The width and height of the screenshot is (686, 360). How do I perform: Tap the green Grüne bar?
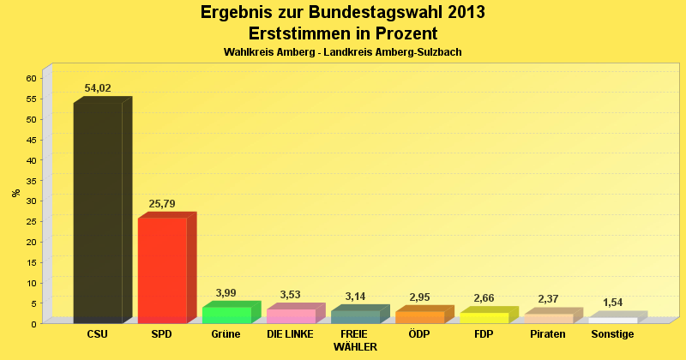226,315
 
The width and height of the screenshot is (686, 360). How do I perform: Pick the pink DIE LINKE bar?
291,315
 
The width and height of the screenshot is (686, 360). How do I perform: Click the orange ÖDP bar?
419,316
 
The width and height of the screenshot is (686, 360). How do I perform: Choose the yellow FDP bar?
484,317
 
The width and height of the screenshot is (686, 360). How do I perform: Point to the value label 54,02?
98,88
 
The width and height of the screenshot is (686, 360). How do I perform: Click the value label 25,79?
162,204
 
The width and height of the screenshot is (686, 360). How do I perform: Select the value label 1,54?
612,303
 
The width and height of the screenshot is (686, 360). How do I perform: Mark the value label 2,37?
548,299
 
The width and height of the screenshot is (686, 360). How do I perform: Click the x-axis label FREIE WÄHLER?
354,340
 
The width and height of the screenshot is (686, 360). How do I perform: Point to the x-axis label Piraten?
548,334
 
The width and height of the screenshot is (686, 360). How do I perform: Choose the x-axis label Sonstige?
612,334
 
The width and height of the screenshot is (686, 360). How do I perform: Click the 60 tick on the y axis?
30,78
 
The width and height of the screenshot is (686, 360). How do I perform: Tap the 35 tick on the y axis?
30,180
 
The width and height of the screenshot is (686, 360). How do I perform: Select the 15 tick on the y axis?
30,262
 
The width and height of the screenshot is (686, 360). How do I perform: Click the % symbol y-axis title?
15,192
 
